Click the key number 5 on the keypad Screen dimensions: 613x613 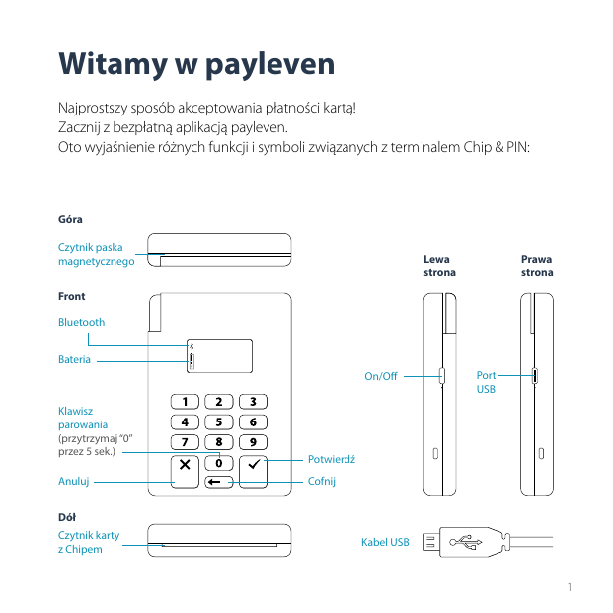coord(219,421)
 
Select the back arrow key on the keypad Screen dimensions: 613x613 coord(219,482)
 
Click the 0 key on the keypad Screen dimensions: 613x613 coord(219,462)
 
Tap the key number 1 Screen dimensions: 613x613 coord(185,402)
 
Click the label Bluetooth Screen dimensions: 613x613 coord(81,322)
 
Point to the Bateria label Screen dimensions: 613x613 coord(74,359)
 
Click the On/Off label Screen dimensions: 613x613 coord(380,376)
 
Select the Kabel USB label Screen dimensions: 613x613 coord(385,542)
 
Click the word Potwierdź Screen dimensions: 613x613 coord(332,460)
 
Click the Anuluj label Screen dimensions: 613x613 coord(74,482)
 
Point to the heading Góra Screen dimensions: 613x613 coord(70,218)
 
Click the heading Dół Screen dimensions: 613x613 coord(67,516)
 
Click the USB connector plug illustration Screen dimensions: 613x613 coord(464,541)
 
